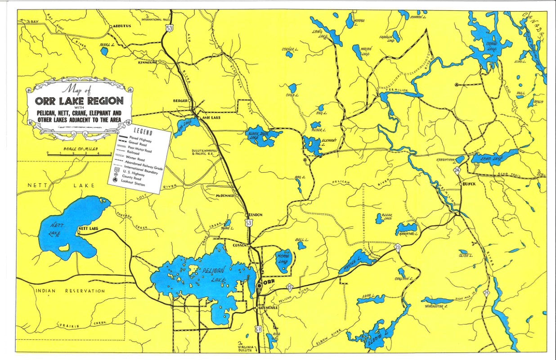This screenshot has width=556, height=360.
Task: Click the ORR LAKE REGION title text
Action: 79,100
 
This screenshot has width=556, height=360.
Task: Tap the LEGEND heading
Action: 143,133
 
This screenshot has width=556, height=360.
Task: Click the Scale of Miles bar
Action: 79,154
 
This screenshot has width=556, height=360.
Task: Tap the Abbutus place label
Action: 121,26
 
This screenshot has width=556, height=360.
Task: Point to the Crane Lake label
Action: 492,46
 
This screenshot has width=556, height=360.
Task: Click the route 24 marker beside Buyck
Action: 457,171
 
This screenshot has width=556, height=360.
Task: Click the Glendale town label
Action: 268,308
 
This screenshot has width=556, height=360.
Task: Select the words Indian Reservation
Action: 70,291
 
